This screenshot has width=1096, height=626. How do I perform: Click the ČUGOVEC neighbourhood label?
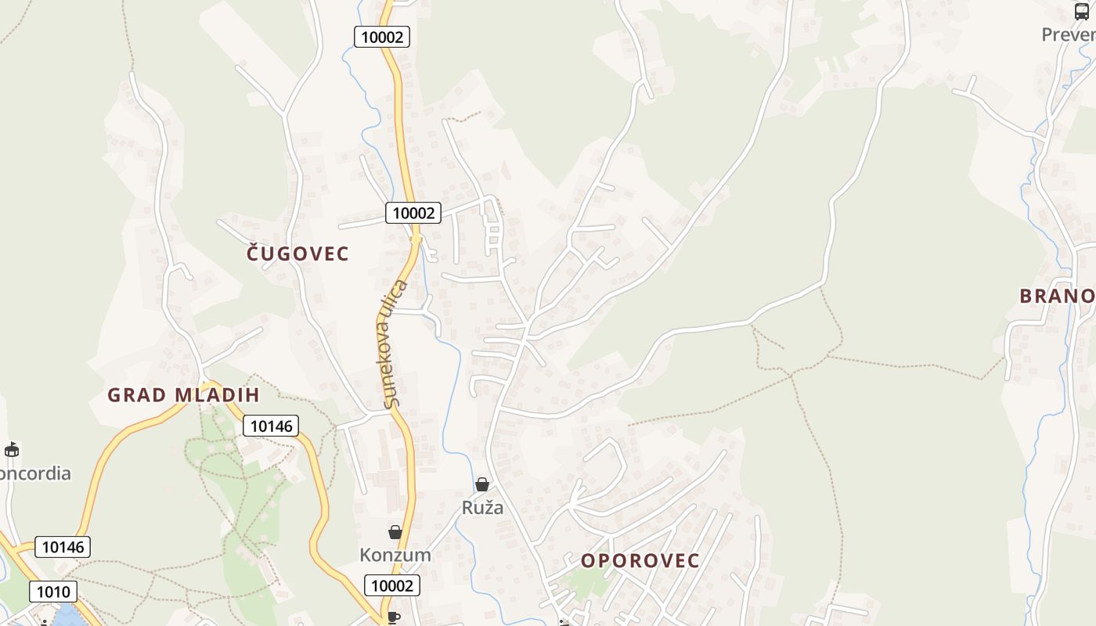click(297, 254)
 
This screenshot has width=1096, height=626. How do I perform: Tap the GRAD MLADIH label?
click(183, 395)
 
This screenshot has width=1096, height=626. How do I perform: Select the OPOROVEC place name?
click(640, 561)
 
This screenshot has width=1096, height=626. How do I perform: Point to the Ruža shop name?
click(482, 508)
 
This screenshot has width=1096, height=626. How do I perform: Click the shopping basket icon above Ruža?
click(482, 485)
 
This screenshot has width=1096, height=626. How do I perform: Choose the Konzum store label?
click(395, 555)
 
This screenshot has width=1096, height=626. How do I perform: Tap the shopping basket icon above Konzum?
click(395, 532)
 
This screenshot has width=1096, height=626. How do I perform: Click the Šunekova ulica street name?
click(395, 344)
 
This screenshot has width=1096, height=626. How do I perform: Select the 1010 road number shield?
click(53, 592)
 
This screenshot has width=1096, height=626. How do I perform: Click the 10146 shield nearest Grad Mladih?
click(271, 426)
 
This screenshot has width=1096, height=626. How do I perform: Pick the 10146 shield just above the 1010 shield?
click(63, 547)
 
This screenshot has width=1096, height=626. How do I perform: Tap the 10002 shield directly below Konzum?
click(391, 585)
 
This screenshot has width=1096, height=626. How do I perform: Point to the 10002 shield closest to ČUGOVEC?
click(413, 213)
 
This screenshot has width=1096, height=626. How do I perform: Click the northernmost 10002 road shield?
click(382, 37)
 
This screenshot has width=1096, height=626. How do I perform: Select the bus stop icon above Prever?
click(1082, 12)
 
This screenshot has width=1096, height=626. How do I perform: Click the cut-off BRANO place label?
click(1057, 296)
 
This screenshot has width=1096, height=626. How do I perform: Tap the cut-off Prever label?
click(1068, 34)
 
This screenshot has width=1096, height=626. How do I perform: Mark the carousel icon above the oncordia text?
click(12, 450)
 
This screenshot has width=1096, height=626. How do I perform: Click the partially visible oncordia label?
click(35, 473)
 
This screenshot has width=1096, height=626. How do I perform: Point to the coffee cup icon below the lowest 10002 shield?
click(394, 617)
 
